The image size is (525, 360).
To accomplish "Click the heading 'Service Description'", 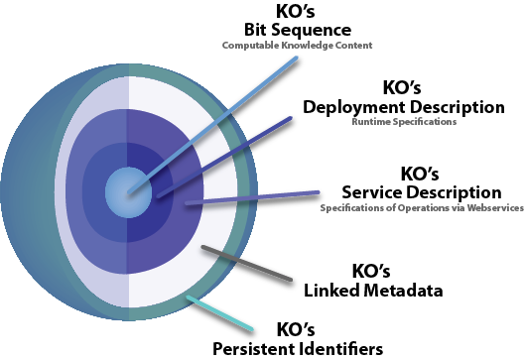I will pyautogui.click(x=421, y=191).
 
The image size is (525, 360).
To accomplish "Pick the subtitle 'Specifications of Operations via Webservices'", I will pyautogui.click(x=421, y=207).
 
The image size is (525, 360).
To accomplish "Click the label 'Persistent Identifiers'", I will pyautogui.click(x=298, y=348).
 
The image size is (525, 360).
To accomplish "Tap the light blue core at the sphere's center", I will pyautogui.click(x=128, y=189).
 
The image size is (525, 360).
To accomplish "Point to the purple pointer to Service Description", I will pyautogui.click(x=258, y=198).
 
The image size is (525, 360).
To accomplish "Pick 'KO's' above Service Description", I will pyautogui.click(x=421, y=174).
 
